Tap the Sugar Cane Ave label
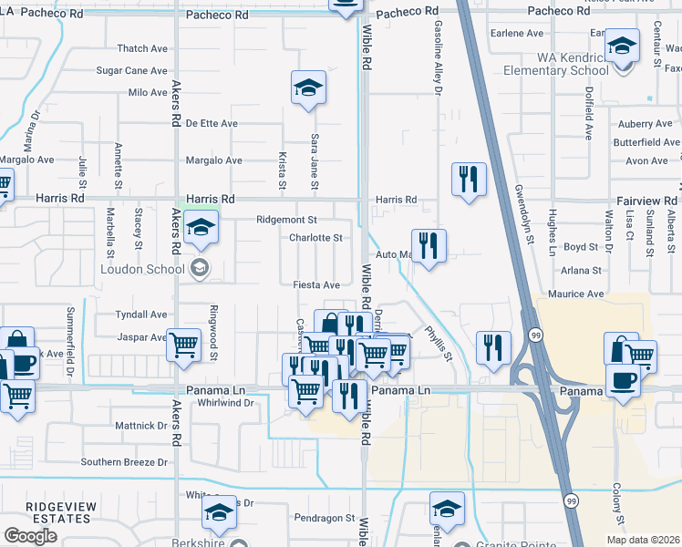tap(132, 70)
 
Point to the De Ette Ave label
tap(212, 123)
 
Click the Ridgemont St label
tap(286, 220)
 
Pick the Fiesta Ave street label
tap(316, 285)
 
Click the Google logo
tap(30, 536)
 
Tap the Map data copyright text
tap(642, 540)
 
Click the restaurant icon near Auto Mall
tap(429, 244)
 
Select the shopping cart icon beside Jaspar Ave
tap(184, 345)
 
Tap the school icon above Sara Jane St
tap(308, 88)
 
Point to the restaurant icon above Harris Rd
tap(469, 179)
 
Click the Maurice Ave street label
tap(576, 294)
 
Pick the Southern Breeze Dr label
tap(124, 462)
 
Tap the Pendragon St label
tap(325, 518)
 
